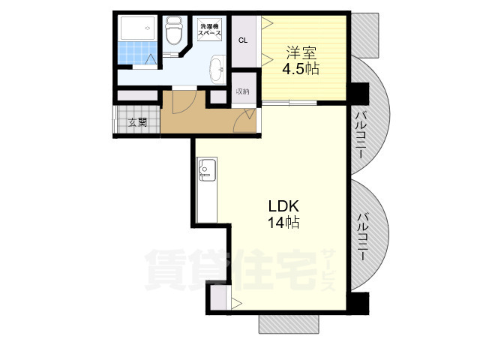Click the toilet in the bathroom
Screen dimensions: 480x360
pos(174,31)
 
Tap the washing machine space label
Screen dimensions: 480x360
pos(210,29)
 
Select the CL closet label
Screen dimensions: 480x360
pos(243,40)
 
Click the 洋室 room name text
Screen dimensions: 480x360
pos(301,53)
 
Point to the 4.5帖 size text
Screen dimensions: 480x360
pos(301,69)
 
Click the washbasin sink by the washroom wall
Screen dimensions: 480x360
pos(217,69)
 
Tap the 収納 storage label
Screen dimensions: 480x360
pos(243,91)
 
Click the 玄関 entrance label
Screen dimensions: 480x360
pos(137,122)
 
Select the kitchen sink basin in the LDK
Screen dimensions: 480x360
pos(207,169)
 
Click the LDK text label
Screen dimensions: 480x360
pos(283,206)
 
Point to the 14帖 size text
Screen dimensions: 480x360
pos(283,223)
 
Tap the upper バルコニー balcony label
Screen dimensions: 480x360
pos(361,136)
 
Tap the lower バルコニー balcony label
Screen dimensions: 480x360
pos(363,238)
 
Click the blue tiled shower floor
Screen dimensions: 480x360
pos(138,52)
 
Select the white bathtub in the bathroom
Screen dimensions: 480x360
pos(138,28)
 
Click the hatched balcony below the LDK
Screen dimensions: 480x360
pos(289,324)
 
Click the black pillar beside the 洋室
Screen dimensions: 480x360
pos(358,93)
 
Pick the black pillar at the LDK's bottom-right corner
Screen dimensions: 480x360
pos(358,303)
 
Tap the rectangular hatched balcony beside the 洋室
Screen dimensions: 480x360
pos(365,35)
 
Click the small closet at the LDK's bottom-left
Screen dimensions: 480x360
pos(218,298)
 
